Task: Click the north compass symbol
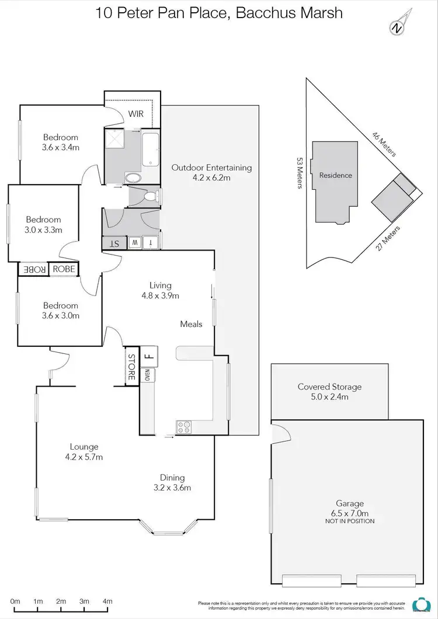[x=397, y=26]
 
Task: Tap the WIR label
[x=136, y=114]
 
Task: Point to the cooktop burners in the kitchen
[x=184, y=427]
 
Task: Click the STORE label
[x=131, y=367]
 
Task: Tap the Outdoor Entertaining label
[x=211, y=168]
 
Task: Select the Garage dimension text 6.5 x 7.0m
[x=350, y=513]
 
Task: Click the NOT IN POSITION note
[x=350, y=521]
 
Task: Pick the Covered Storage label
[x=329, y=387]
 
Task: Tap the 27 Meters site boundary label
[x=388, y=238]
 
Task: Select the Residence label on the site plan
[x=335, y=175]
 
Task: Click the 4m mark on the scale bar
[x=107, y=601]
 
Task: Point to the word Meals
[x=191, y=324]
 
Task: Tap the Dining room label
[x=172, y=478]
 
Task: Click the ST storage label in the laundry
[x=114, y=242]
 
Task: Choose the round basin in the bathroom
[x=133, y=178]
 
